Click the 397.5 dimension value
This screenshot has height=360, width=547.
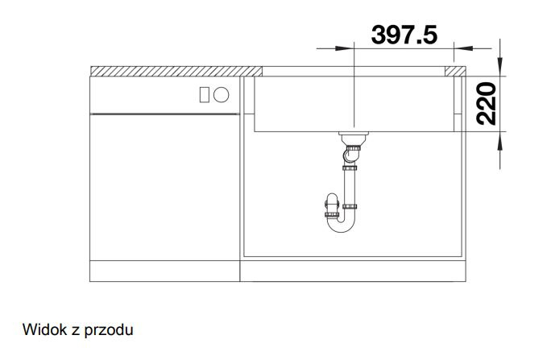coord(404,35)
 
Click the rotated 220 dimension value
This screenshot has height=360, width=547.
coord(486,104)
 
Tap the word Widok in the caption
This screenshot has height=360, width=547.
coord(44,329)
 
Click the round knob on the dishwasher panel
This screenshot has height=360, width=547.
coord(222,95)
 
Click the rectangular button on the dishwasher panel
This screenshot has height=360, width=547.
coord(205,95)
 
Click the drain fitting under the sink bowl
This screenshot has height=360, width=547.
coord(354,139)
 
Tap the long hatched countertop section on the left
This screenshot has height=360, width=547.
coord(176,71)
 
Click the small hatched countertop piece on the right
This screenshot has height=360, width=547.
coord(455,71)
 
